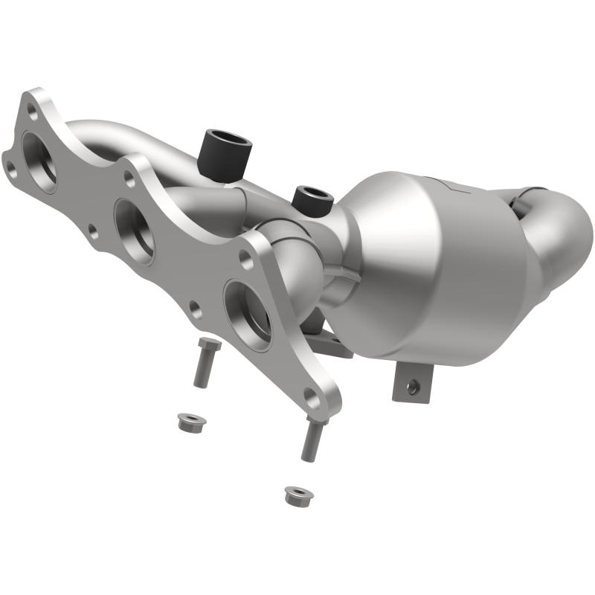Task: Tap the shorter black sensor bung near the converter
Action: pos(312,199)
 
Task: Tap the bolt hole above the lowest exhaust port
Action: pos(245,257)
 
